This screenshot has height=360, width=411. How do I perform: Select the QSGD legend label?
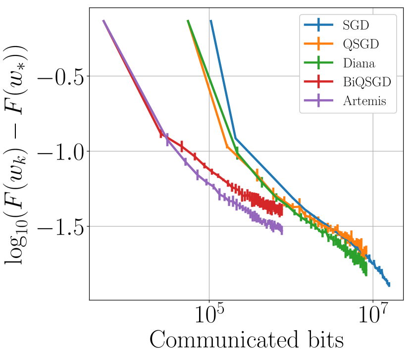tap(360, 44)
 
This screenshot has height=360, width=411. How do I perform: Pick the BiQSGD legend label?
tap(366, 82)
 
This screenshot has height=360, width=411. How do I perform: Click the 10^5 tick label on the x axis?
tap(209, 316)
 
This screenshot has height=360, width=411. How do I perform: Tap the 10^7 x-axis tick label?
tap(373, 316)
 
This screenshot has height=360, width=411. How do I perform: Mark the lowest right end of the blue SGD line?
tap(389, 284)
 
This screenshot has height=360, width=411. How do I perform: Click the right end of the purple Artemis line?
tap(282, 230)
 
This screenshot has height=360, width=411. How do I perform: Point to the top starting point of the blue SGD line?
tap(211, 21)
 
